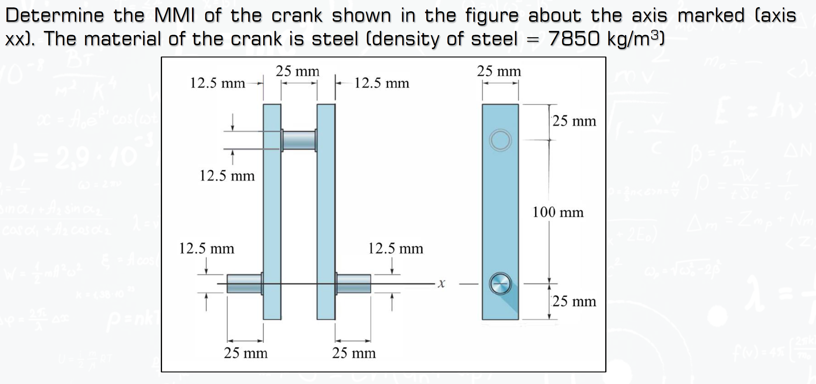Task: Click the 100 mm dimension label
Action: click(x=557, y=212)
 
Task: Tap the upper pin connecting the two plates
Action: click(x=299, y=141)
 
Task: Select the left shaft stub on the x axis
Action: click(x=244, y=283)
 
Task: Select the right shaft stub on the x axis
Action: click(x=353, y=283)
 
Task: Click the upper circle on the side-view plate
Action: click(x=500, y=140)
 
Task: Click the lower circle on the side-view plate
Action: click(x=500, y=283)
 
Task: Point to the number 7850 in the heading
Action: click(x=574, y=39)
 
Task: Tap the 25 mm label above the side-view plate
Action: click(x=499, y=71)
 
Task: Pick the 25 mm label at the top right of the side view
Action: click(x=574, y=121)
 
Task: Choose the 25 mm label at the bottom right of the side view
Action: click(x=574, y=301)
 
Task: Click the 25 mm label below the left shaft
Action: click(x=246, y=353)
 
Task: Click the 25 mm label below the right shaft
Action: click(x=354, y=353)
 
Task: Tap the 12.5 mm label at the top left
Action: click(x=217, y=83)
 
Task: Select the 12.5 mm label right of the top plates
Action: click(x=381, y=83)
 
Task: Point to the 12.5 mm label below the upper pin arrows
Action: click(x=227, y=176)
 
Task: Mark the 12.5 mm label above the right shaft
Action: click(x=395, y=248)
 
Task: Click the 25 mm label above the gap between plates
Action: click(x=298, y=71)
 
